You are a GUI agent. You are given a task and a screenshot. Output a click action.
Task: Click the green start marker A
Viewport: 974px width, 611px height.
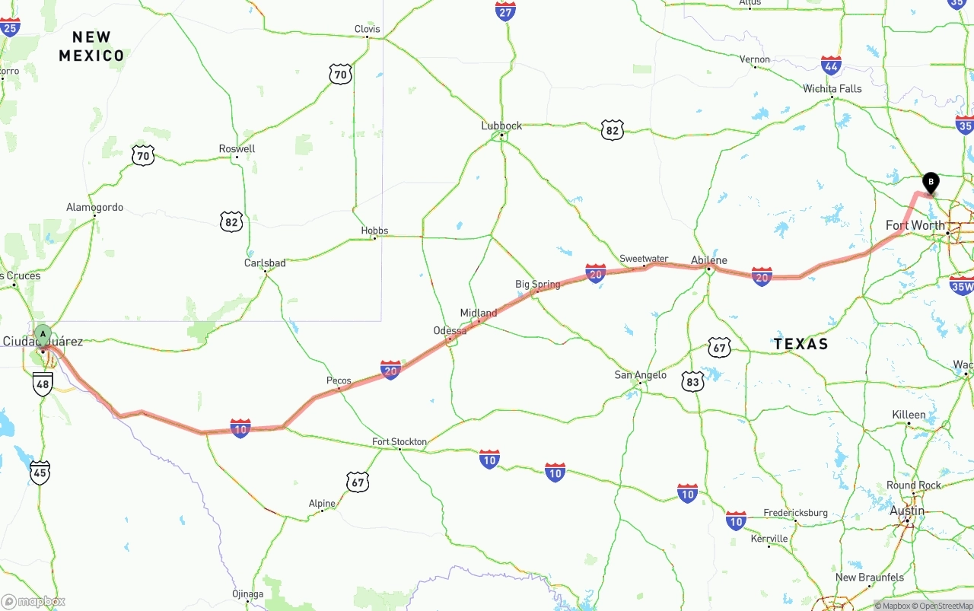pyautogui.click(x=43, y=334)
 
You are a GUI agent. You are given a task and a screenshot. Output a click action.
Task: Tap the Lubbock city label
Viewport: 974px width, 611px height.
pyautogui.click(x=501, y=126)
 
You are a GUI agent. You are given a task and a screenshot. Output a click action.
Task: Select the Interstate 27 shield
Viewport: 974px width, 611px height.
pyautogui.click(x=505, y=11)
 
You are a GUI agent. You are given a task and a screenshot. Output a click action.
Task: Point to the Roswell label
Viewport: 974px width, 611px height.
pyautogui.click(x=237, y=148)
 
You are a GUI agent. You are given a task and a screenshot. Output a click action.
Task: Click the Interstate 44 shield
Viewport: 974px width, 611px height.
pyautogui.click(x=831, y=65)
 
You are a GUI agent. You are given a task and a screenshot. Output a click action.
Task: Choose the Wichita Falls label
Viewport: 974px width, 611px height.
pyautogui.click(x=832, y=89)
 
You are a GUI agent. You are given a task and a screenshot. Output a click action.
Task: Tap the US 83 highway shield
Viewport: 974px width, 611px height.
pyautogui.click(x=692, y=382)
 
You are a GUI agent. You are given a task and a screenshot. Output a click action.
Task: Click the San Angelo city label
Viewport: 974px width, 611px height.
pyautogui.click(x=641, y=374)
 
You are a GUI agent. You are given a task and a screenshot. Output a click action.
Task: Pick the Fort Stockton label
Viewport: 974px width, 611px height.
pyautogui.click(x=399, y=441)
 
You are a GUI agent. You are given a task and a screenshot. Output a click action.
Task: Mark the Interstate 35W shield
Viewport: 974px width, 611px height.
pyautogui.click(x=961, y=285)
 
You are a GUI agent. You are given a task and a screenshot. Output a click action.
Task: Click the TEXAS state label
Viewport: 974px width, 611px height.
pyautogui.click(x=801, y=344)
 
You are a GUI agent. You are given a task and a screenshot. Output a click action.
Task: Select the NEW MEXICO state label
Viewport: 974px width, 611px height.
pyautogui.click(x=91, y=46)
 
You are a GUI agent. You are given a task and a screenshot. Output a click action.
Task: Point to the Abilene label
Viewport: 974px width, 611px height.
pyautogui.click(x=708, y=260)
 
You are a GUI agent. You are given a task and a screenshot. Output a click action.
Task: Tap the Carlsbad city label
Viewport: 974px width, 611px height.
pyautogui.click(x=265, y=263)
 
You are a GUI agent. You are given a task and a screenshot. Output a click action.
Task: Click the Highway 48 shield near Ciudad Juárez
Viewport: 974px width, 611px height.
pyautogui.click(x=43, y=384)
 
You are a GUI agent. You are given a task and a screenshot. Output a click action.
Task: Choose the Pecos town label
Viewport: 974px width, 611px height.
pyautogui.click(x=339, y=380)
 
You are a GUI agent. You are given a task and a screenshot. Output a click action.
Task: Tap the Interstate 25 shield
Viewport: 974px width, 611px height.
pyautogui.click(x=9, y=28)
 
